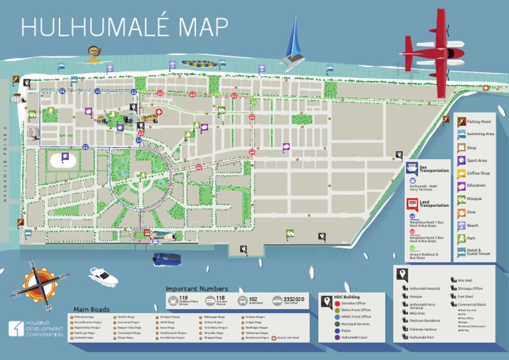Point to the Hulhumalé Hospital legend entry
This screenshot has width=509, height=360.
pos(424,288)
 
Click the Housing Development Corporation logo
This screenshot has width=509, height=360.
pos(36,330)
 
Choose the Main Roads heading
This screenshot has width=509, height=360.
pos(91,310)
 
